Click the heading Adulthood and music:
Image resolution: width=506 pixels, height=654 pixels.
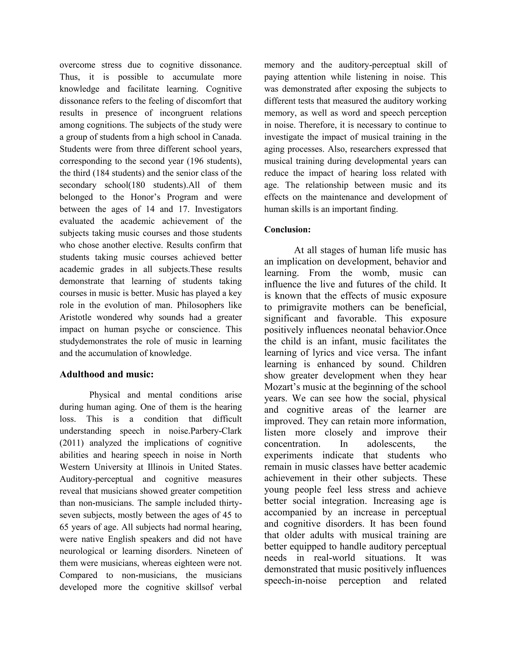coord(106,374)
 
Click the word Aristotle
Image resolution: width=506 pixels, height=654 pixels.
coord(75,317)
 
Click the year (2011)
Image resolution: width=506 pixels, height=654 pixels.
coord(71,443)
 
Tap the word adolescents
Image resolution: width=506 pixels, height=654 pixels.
coord(389,444)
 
